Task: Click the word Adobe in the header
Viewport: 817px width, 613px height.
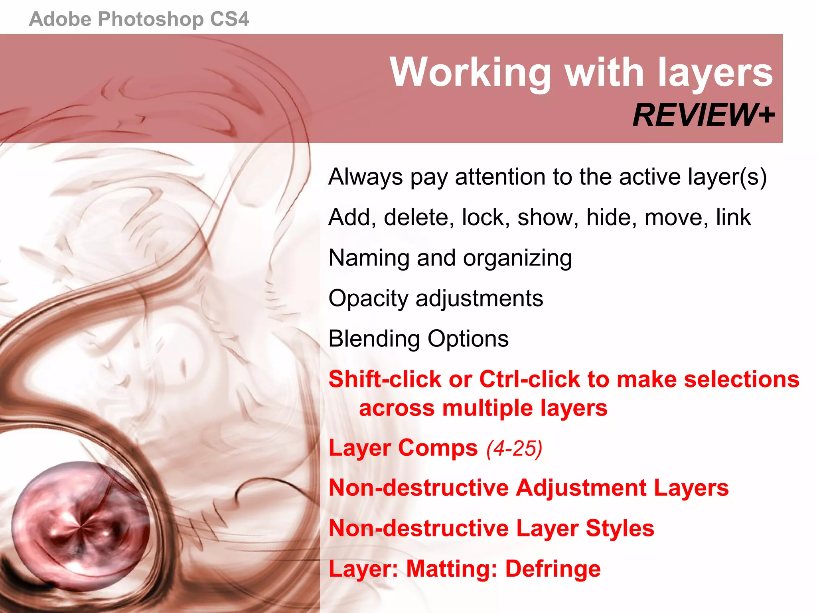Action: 60,19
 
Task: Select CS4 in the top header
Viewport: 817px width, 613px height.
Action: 229,19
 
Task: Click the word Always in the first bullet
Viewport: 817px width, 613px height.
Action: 365,177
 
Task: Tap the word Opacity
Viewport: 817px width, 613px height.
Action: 369,299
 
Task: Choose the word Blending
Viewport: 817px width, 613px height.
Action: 374,339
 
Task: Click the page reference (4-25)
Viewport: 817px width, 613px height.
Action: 514,448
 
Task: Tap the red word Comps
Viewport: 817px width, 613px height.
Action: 438,448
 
